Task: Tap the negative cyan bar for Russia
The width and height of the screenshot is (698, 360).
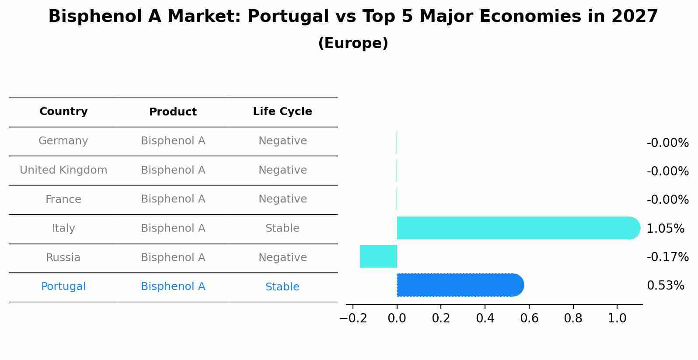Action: [378, 256]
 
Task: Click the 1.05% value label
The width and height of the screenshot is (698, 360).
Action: [665, 228]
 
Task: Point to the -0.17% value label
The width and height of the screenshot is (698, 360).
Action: [667, 257]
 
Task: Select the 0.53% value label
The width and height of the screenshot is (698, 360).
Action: [665, 286]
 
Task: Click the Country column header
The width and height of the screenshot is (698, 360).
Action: [63, 112]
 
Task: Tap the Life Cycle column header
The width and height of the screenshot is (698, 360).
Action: [282, 112]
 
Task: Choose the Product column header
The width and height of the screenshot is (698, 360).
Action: [173, 112]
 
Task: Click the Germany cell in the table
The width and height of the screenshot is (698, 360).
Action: [63, 141]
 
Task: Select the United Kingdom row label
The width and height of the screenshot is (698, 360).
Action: [63, 170]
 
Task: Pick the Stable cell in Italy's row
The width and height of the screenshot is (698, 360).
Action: [282, 228]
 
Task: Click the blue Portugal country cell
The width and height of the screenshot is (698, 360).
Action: [63, 287]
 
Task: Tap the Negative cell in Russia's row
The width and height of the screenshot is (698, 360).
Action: [282, 258]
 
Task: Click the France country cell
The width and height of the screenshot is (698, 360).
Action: [63, 199]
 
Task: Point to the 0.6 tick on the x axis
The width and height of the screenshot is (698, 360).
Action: [529, 318]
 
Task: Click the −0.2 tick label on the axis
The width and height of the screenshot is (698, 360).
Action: [353, 318]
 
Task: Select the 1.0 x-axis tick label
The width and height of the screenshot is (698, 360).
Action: [617, 318]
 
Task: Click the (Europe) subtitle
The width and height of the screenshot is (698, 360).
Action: [353, 43]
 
